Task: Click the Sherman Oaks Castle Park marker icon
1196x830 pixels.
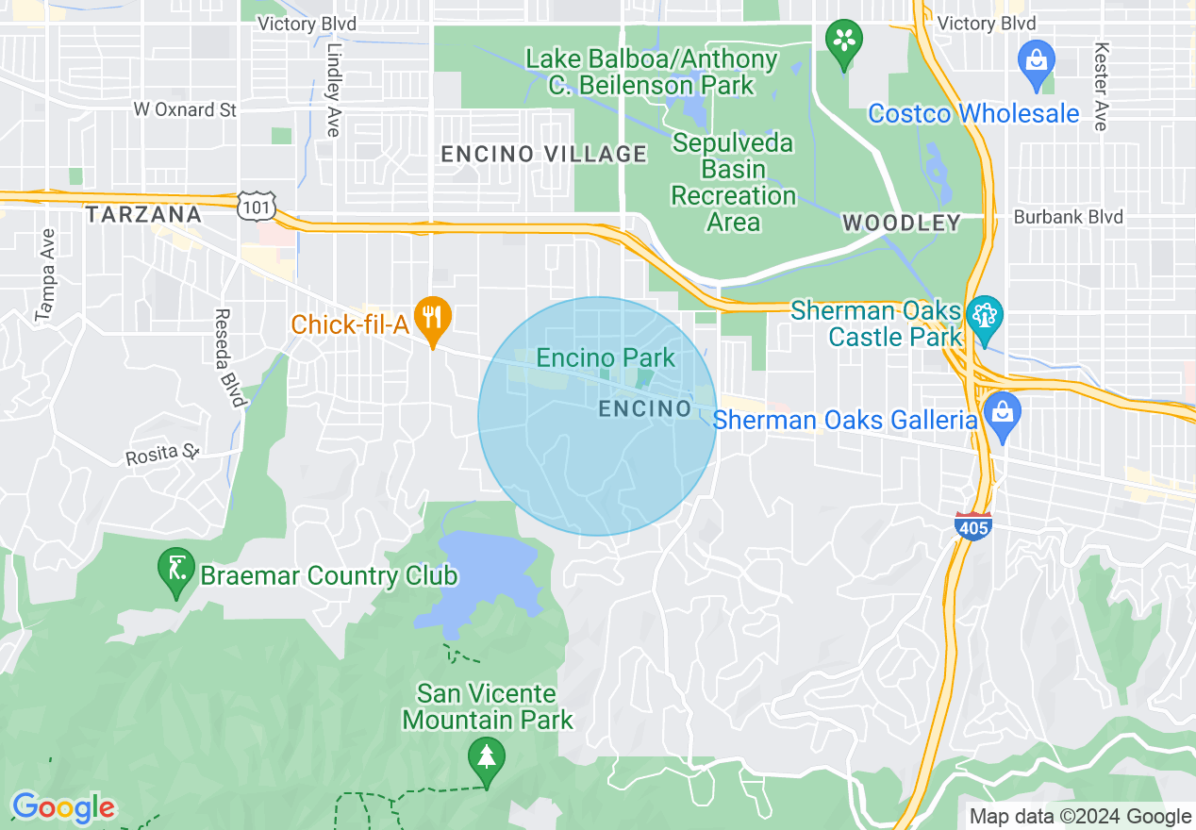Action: point(984,315)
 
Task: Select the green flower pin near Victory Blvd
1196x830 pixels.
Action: point(844,42)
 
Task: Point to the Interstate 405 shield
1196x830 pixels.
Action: point(972,525)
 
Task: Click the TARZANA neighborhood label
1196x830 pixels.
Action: point(143,215)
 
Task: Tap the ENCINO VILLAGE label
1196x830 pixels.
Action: point(544,154)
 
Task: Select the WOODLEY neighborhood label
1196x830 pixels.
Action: point(901,224)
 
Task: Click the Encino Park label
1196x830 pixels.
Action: point(606,358)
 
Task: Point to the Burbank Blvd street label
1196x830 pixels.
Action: point(1068,217)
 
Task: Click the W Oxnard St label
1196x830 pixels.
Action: point(185,109)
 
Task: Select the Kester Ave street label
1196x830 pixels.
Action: point(1101,85)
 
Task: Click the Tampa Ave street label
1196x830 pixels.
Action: point(44,274)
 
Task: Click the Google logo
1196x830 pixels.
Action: point(63,807)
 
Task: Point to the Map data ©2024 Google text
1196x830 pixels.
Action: point(1080,817)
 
